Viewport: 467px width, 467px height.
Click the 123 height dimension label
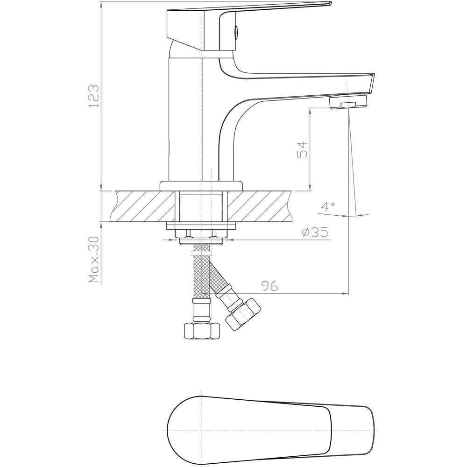94,96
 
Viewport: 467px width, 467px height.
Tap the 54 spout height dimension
302,150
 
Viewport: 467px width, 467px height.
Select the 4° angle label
328,206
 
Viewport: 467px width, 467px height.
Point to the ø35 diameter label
314,232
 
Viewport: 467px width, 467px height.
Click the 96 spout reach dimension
269,286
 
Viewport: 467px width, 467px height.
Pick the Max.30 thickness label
94,259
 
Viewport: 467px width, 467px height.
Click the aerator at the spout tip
348,102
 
